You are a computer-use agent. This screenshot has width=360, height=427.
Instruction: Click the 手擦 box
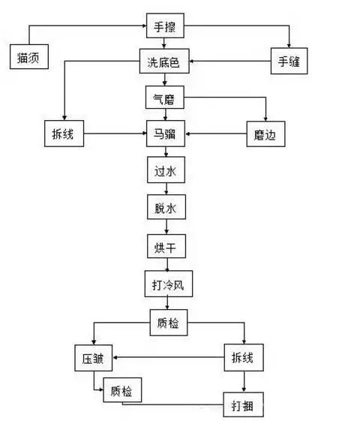pyautogui.click(x=165, y=28)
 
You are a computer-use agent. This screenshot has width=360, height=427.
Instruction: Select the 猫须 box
pyautogui.click(x=30, y=57)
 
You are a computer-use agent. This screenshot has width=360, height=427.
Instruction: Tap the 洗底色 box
pyautogui.click(x=165, y=62)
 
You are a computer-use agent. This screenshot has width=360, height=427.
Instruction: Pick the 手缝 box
pyautogui.click(x=289, y=62)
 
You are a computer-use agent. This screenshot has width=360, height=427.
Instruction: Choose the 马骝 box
pyautogui.click(x=165, y=136)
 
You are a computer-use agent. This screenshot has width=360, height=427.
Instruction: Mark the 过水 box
pyautogui.click(x=165, y=172)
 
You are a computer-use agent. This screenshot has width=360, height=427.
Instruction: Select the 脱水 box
pyautogui.click(x=165, y=208)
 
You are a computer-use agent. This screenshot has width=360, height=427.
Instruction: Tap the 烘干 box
pyautogui.click(x=165, y=245)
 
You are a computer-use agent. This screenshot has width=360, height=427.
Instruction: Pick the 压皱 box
pyautogui.click(x=93, y=358)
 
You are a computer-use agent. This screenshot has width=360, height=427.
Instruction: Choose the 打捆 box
pyautogui.click(x=243, y=406)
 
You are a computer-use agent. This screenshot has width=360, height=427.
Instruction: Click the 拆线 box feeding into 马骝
pyautogui.click(x=63, y=136)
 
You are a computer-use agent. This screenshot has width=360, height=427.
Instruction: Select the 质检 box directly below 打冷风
pyautogui.click(x=168, y=324)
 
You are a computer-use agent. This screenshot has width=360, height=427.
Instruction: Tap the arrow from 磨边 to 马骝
pyautogui.click(x=216, y=136)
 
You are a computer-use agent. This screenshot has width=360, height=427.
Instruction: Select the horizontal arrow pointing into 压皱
pyautogui.click(x=168, y=358)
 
